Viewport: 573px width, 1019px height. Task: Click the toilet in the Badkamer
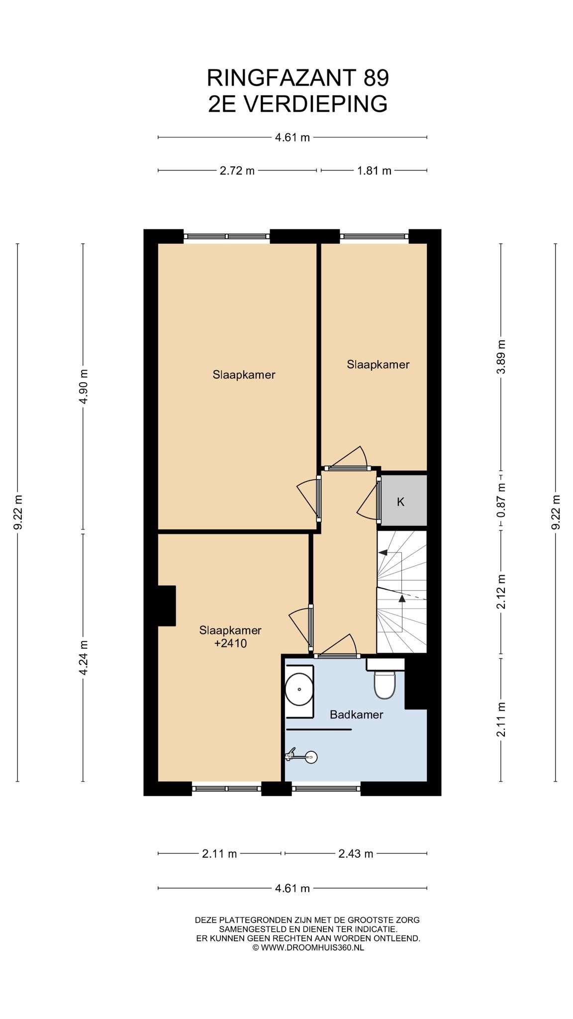click(x=384, y=683)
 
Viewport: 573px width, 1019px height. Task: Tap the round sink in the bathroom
click(x=299, y=689)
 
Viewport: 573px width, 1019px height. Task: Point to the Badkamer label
click(x=357, y=715)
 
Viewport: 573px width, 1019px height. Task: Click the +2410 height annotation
click(x=230, y=643)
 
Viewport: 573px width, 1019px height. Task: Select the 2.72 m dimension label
click(x=237, y=171)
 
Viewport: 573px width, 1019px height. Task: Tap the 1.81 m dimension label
click(x=374, y=171)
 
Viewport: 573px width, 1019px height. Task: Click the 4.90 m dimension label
click(x=83, y=386)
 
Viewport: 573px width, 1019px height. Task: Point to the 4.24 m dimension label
click(x=83, y=657)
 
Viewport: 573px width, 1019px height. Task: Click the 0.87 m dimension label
click(x=501, y=500)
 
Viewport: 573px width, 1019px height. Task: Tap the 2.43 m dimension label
click(x=356, y=854)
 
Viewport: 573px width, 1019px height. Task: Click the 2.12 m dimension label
click(x=501, y=592)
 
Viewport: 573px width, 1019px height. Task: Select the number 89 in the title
click(x=376, y=78)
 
